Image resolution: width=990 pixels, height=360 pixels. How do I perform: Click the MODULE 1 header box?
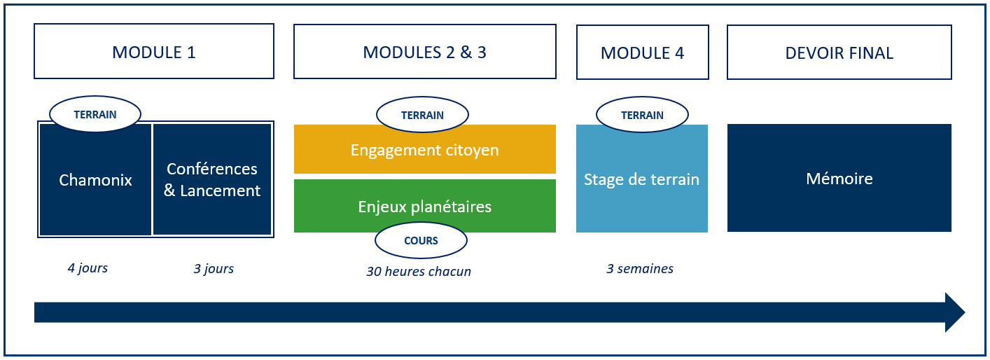pos(154,52)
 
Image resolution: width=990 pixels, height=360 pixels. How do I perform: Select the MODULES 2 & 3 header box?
pos(424,52)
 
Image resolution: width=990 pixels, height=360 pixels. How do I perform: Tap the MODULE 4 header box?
pos(642,53)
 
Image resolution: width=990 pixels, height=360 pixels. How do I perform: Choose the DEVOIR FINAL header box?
pos(839,53)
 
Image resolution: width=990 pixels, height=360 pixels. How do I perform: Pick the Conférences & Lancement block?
pos(212,180)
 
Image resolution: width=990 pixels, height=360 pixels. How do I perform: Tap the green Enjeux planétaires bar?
pos(424,207)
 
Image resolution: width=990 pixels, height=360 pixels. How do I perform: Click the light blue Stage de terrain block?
pos(641,179)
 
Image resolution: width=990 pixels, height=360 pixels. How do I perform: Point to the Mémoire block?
pos(839,179)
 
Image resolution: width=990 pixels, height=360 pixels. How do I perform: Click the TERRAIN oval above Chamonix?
pos(95,113)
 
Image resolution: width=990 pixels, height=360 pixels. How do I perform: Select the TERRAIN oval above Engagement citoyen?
pos(422,115)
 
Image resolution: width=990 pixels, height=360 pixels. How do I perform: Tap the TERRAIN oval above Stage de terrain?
pos(642,115)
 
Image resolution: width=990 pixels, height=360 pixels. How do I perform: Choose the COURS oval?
pos(421,240)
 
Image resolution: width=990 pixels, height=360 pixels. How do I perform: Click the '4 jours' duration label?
pos(88,268)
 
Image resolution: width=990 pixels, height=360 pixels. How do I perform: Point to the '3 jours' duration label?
pos(214,269)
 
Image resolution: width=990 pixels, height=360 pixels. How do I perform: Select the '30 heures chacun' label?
pos(419,272)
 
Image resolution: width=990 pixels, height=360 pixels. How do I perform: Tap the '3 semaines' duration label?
pos(640,269)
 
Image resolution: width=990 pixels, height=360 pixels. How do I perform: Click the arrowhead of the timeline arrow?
pos(954,312)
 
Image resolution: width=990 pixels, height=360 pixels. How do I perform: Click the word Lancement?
pos(220,191)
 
